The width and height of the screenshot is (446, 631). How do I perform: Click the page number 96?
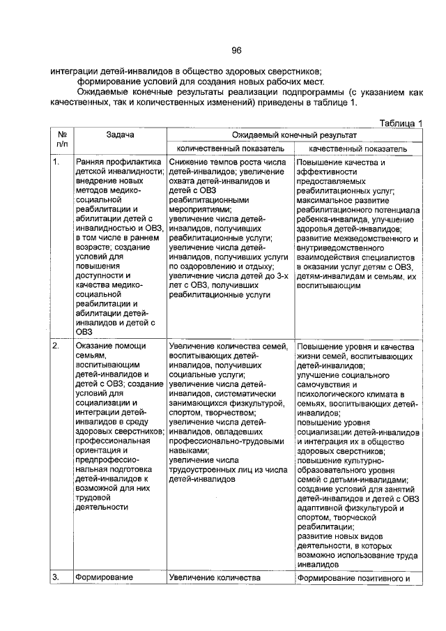pyautogui.click(x=236, y=50)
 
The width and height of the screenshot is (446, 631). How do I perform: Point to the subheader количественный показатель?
pyautogui.click(x=229, y=149)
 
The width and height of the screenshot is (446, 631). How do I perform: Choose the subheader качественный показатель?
pyautogui.click(x=357, y=149)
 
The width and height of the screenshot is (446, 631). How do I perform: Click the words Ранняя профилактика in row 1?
pyautogui.click(x=118, y=162)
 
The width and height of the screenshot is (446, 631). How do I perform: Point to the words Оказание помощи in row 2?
pyautogui.click(x=111, y=346)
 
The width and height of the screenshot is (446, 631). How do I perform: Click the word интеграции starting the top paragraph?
pyautogui.click(x=75, y=70)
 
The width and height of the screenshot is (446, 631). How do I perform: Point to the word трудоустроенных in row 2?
pyautogui.click(x=203, y=471)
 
